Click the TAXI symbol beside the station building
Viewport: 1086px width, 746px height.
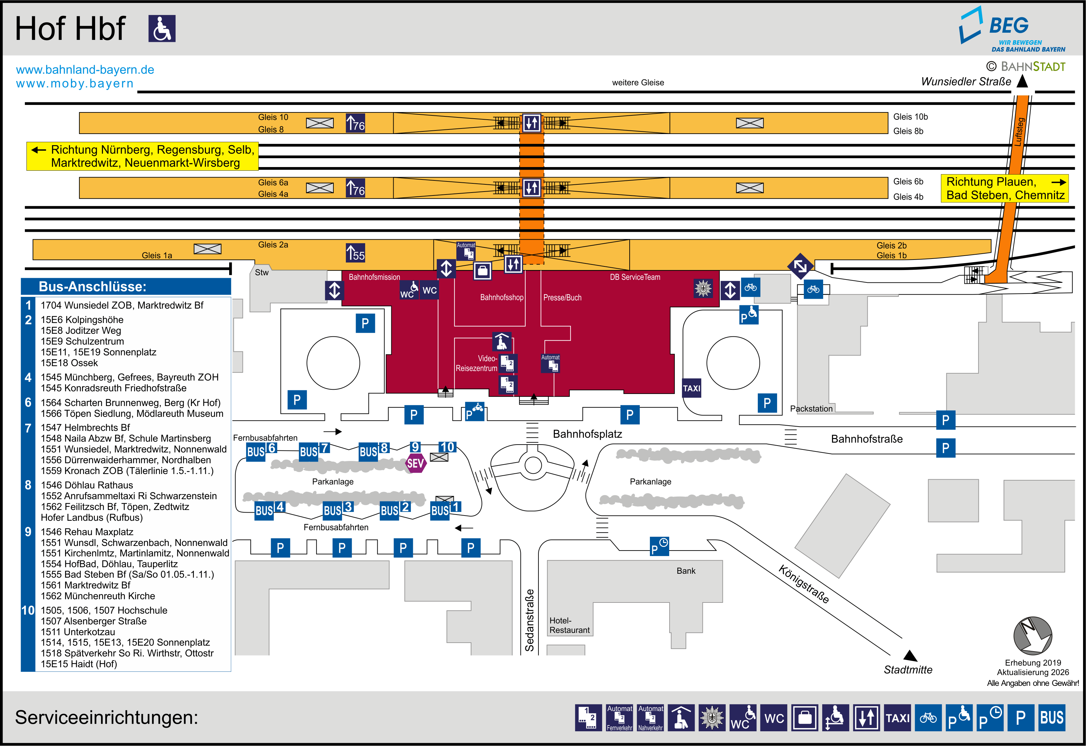click(692, 388)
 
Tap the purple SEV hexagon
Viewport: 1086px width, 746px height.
click(416, 463)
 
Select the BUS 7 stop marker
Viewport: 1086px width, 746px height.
click(314, 450)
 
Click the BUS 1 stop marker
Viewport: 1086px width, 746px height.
click(446, 509)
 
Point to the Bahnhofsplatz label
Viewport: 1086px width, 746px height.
click(587, 434)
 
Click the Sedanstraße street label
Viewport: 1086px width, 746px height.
click(530, 620)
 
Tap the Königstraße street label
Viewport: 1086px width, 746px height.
click(804, 584)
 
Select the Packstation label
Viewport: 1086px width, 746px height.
click(811, 409)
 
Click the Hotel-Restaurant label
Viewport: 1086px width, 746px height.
click(569, 625)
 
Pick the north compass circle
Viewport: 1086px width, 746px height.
click(1032, 636)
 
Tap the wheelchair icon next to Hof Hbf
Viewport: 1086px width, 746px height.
click(162, 28)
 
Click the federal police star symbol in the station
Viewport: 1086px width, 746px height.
click(703, 288)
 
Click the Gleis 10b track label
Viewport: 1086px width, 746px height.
click(910, 117)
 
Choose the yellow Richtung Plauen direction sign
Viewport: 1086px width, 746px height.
click(1005, 188)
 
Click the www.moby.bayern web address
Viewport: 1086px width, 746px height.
click(75, 84)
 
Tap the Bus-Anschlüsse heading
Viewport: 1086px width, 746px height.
click(93, 286)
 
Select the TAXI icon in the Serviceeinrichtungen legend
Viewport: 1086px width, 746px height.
click(897, 718)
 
